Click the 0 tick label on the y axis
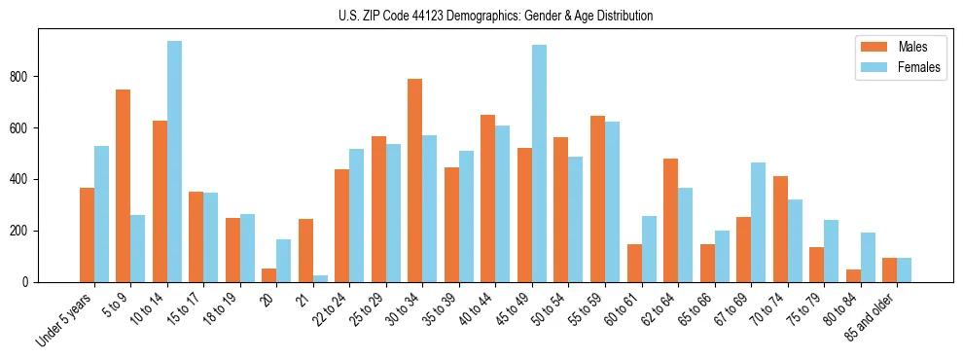click(29, 282)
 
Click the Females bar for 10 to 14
click(174, 162)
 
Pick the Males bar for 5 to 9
click(124, 186)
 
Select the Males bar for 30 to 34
click(415, 181)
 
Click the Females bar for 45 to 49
click(539, 163)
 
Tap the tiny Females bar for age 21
click(320, 278)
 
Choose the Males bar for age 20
click(269, 275)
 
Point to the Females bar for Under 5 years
click(101, 214)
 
